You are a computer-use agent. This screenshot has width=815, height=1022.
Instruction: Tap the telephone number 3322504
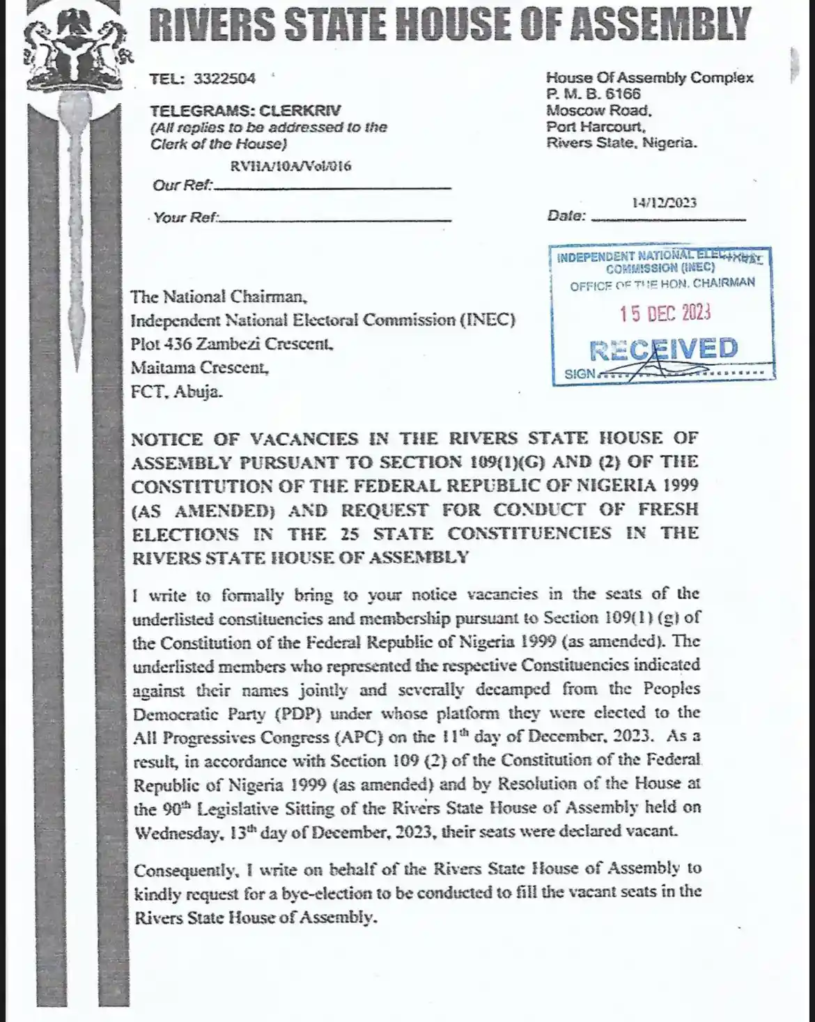click(x=224, y=79)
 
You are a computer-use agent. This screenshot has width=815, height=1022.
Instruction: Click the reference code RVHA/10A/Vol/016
click(x=290, y=166)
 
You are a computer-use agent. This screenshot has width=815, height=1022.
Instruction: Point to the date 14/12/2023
click(x=664, y=203)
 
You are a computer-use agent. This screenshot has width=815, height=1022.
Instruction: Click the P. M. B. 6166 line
click(x=593, y=94)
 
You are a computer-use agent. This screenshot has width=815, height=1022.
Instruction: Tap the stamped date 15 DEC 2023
click(x=665, y=313)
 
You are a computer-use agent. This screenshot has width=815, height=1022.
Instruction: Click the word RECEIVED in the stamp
click(x=663, y=349)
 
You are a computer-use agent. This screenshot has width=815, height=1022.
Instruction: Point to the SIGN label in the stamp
click(x=580, y=374)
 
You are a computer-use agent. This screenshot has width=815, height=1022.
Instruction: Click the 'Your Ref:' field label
click(x=185, y=217)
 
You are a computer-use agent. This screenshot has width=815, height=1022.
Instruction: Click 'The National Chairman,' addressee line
click(x=219, y=297)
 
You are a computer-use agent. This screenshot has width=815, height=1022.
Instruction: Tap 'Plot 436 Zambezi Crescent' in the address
click(x=232, y=344)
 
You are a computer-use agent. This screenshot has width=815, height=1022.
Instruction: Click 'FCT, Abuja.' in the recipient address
click(x=177, y=392)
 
